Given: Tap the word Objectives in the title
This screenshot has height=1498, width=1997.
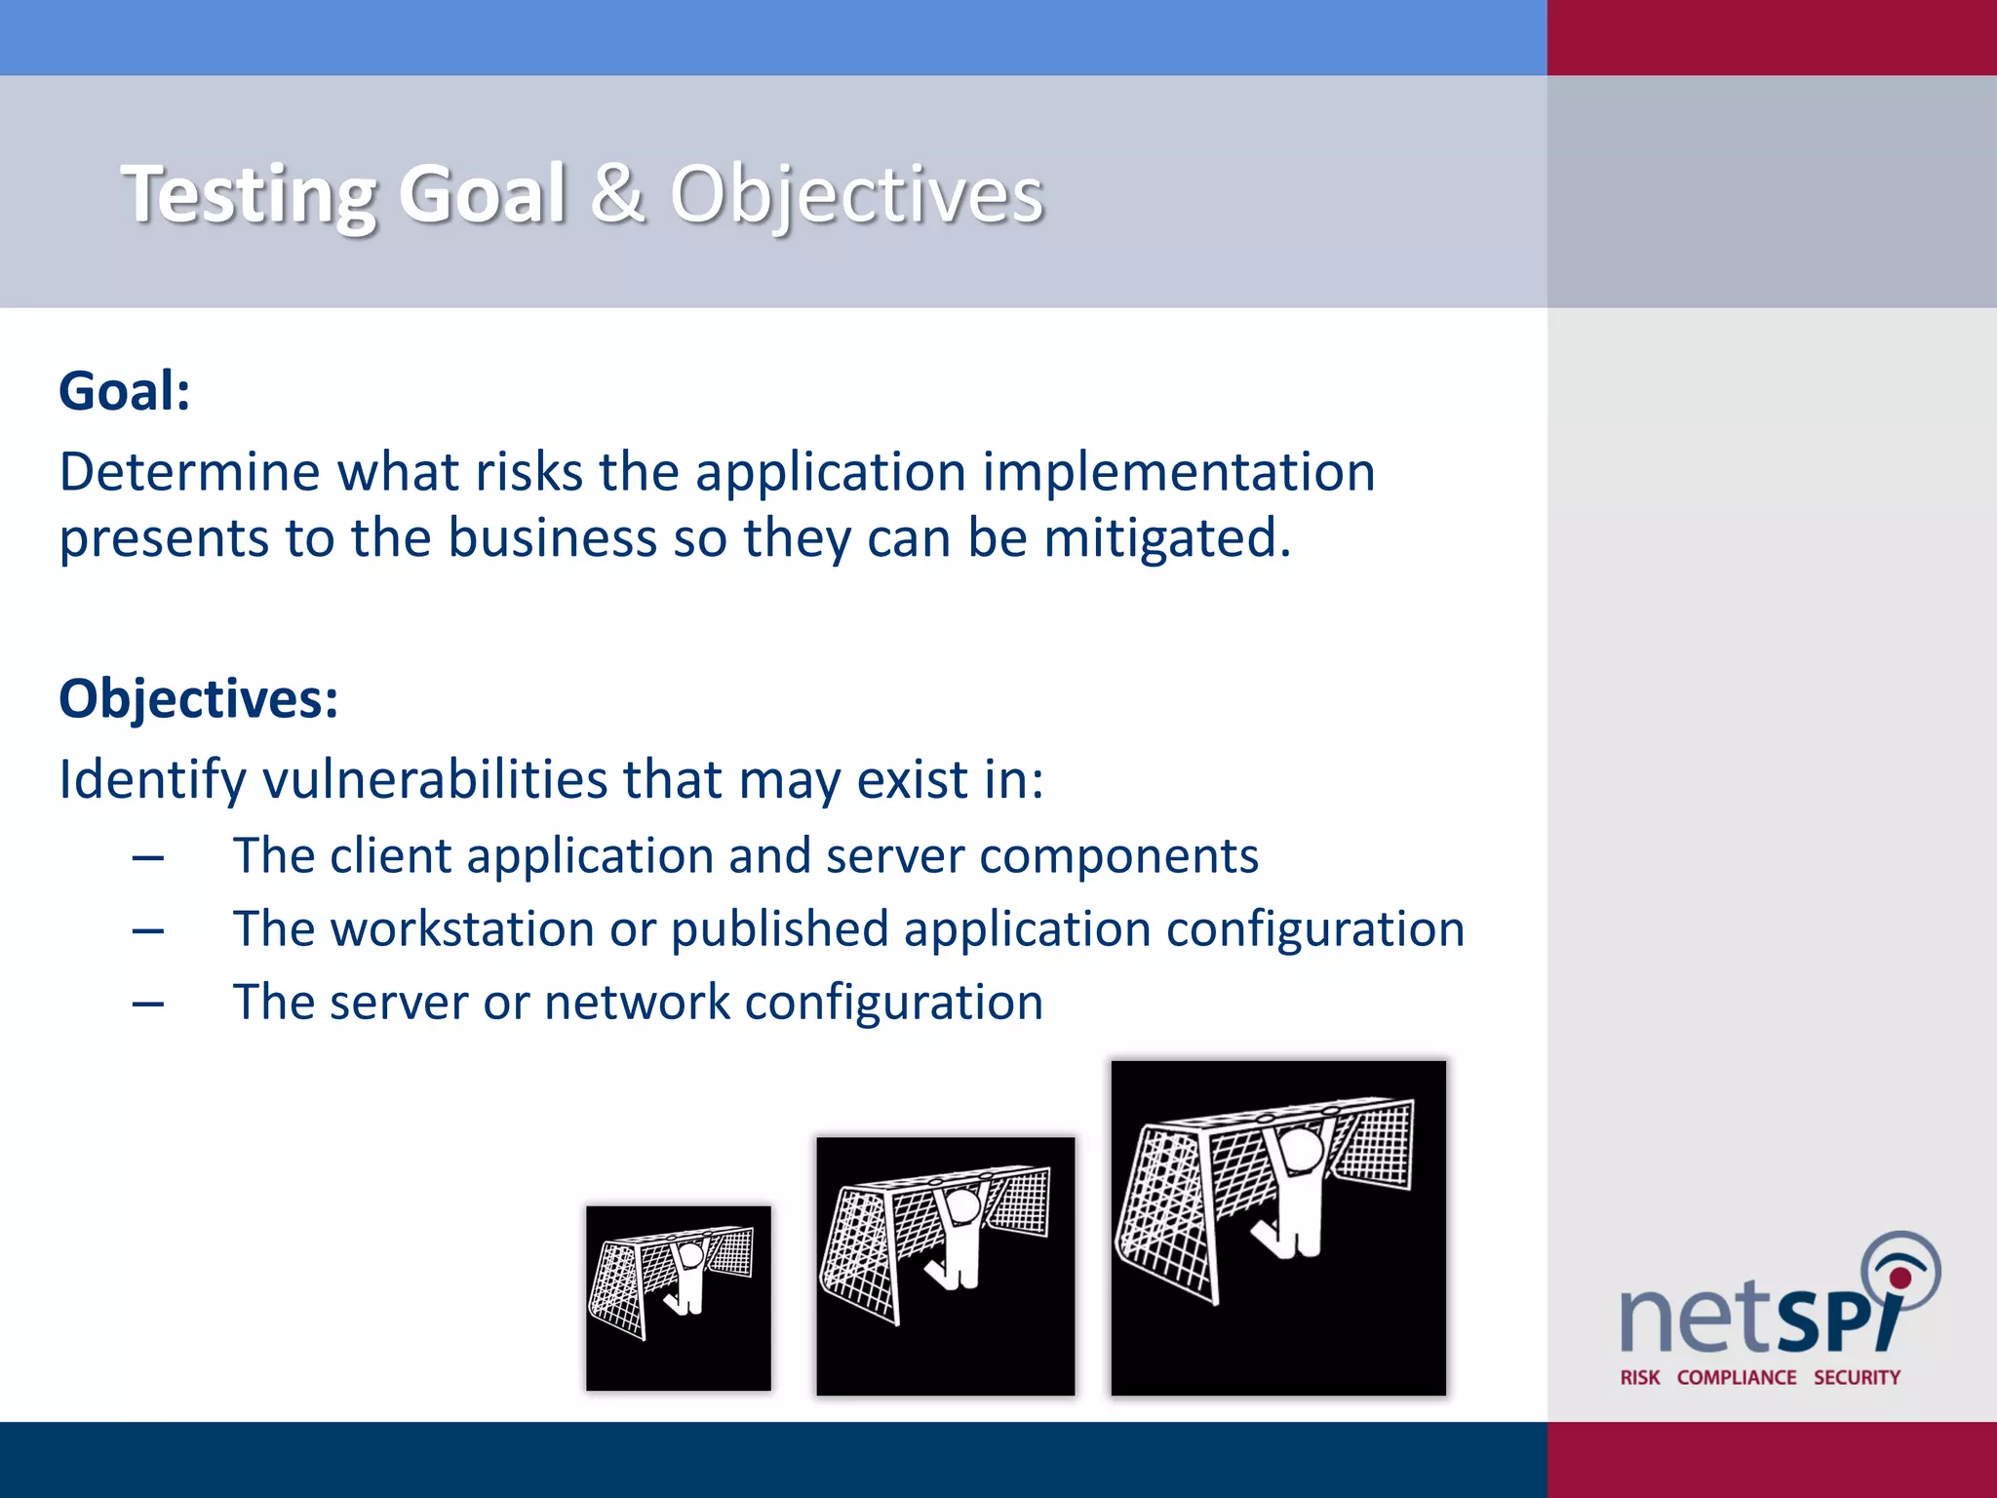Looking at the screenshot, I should tap(856, 195).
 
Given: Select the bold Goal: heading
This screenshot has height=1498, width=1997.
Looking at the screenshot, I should tap(125, 391).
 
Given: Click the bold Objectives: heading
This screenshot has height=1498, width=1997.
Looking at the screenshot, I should tap(199, 699).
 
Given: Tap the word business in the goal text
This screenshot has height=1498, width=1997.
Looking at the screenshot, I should tap(552, 538).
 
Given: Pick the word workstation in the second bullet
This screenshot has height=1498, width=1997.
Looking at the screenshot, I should tap(462, 928).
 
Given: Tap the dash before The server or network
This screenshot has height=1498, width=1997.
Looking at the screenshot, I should tap(148, 1004).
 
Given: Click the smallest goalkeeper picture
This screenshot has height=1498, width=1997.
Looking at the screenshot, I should tap(678, 1298).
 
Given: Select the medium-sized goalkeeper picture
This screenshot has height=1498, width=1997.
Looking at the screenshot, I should tap(945, 1266).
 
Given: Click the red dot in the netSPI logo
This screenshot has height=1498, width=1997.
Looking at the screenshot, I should tap(1899, 1278).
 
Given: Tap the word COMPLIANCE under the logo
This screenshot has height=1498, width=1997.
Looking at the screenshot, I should tap(1736, 1377).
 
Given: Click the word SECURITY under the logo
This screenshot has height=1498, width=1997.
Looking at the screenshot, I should tap(1857, 1377).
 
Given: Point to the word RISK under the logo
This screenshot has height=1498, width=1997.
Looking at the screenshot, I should tap(1639, 1377).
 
